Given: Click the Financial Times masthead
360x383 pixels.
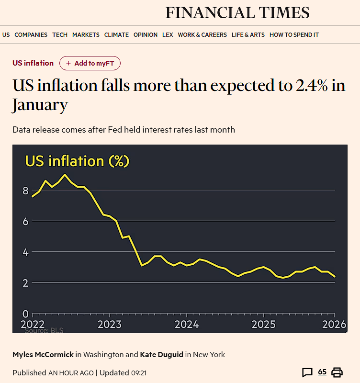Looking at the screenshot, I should pyautogui.click(x=237, y=12).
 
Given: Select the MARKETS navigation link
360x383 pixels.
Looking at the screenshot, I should pyautogui.click(x=86, y=34).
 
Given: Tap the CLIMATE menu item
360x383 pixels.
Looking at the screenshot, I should pyautogui.click(x=116, y=34).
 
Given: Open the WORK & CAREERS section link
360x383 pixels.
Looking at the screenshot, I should pyautogui.click(x=202, y=34).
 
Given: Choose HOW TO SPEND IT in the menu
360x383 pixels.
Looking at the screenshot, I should pyautogui.click(x=294, y=34).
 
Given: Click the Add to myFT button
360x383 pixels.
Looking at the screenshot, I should pyautogui.click(x=90, y=63).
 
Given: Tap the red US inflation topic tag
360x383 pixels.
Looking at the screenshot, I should pyautogui.click(x=33, y=63).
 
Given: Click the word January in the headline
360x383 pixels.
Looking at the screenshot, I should pyautogui.click(x=40, y=104).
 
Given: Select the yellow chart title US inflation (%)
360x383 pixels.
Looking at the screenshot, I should pyautogui.click(x=77, y=161).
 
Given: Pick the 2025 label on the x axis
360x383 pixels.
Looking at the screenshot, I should pyautogui.click(x=263, y=324).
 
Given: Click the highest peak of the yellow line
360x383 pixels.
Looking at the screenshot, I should pyautogui.click(x=65, y=174).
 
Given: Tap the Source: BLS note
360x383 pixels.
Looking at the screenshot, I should pyautogui.click(x=44, y=330).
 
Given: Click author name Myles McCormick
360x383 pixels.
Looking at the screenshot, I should pyautogui.click(x=43, y=355).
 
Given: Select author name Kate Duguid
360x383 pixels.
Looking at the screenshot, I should pyautogui.click(x=161, y=355).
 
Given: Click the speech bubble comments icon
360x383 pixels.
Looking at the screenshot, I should pyautogui.click(x=307, y=372).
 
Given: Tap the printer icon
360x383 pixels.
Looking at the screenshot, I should pyautogui.click(x=337, y=372).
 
